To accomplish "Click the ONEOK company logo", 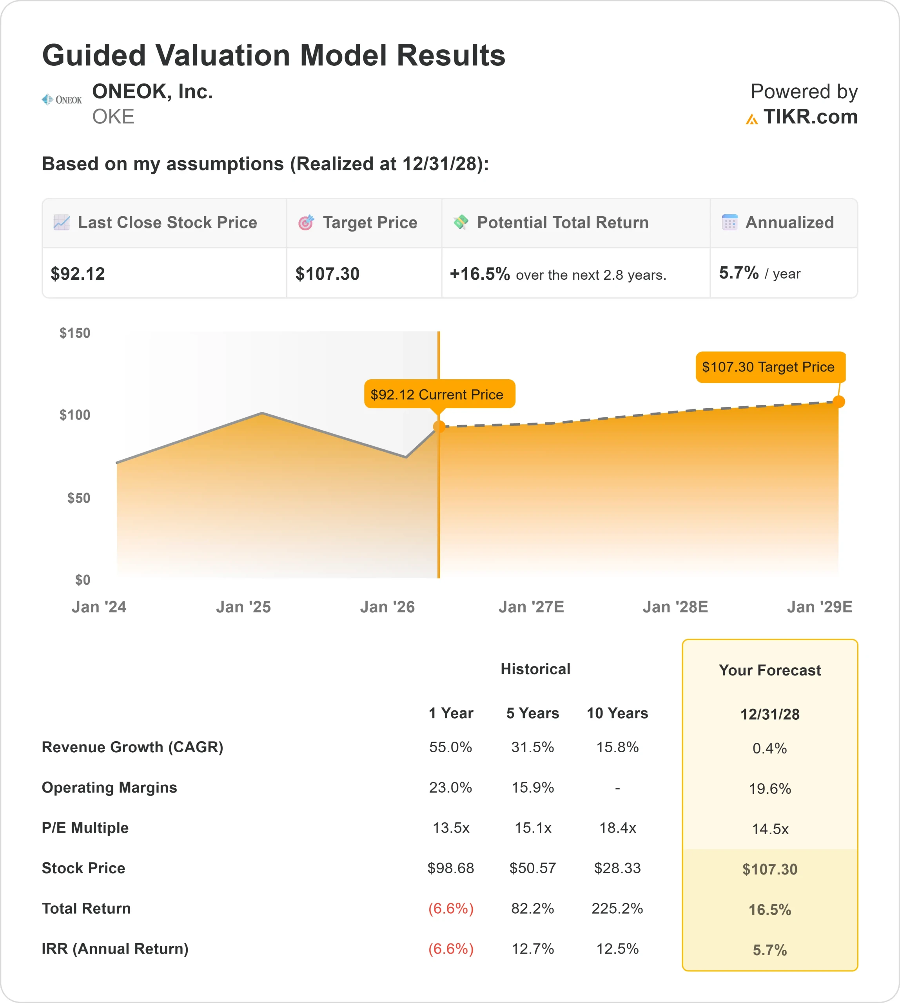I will click(62, 100).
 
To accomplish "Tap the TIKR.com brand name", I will click(810, 117).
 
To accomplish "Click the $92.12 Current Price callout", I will click(439, 394).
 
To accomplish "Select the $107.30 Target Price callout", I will click(770, 367).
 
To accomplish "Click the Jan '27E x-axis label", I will click(531, 607).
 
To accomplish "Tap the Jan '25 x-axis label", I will click(243, 607).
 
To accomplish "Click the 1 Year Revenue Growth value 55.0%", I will click(450, 747).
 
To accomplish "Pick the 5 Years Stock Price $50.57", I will click(533, 868).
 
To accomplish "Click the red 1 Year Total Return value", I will click(450, 908).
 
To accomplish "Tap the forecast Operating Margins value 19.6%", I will click(769, 788).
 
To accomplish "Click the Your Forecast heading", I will click(769, 670).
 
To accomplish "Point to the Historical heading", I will click(535, 669).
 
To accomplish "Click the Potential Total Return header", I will click(562, 223).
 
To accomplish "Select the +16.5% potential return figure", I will click(479, 274).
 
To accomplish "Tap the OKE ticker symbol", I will click(113, 117).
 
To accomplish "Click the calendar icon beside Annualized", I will click(729, 223).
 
